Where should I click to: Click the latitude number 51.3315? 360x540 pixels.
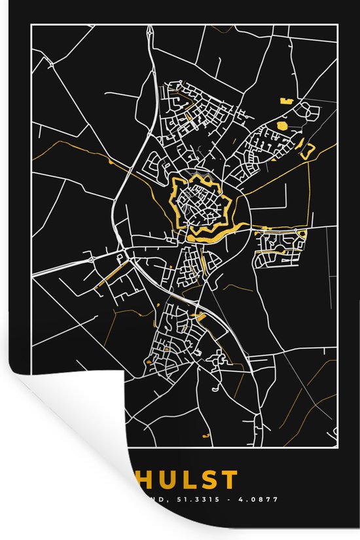(204, 499)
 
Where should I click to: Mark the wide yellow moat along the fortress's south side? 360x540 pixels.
(213, 233)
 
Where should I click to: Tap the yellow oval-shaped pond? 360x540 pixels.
(282, 123)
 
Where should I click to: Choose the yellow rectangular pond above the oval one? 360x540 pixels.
(285, 101)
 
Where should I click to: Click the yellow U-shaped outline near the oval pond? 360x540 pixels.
(306, 150)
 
